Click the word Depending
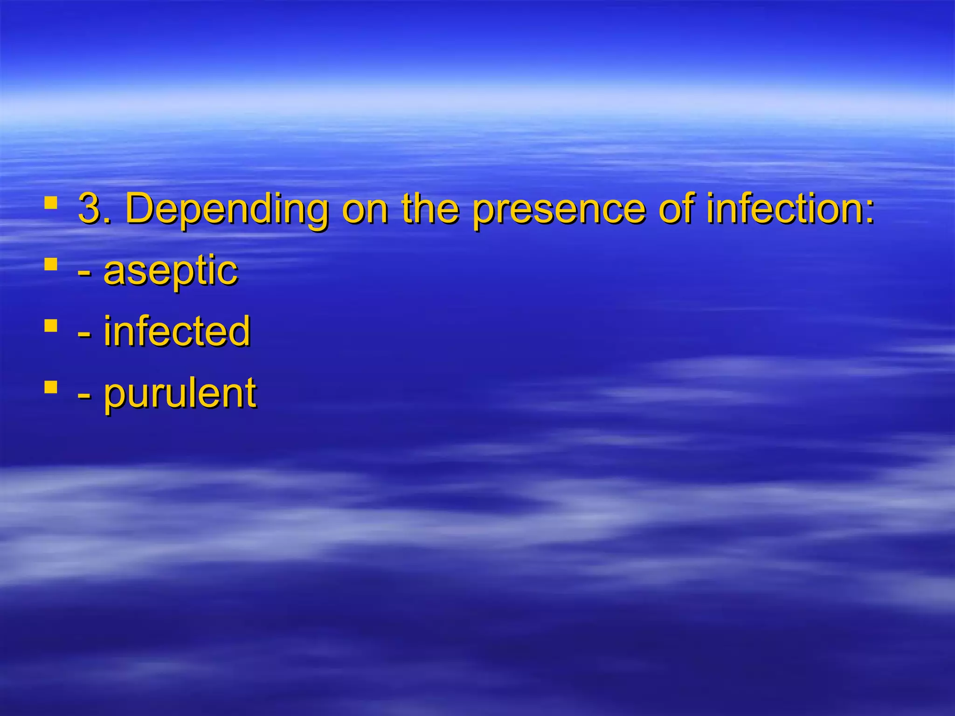(227, 210)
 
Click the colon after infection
(869, 213)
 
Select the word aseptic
(171, 271)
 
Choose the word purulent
(180, 394)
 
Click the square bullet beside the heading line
(51, 203)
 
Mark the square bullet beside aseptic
(51, 265)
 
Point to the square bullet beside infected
(51, 325)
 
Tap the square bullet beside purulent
(51, 387)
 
